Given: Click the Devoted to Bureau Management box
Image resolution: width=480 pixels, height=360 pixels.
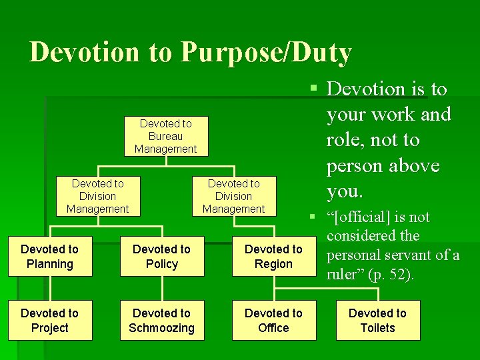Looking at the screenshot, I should [x=166, y=136].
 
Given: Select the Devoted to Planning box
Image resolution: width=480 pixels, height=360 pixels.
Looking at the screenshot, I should [x=50, y=257].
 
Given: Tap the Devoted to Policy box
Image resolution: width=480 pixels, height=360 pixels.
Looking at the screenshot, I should [x=162, y=257].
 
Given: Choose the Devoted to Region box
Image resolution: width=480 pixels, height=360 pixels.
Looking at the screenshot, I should [x=273, y=257].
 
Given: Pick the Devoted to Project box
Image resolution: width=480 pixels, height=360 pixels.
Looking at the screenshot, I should [x=50, y=321].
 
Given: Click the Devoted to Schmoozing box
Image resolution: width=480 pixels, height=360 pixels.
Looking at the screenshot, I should [x=162, y=321].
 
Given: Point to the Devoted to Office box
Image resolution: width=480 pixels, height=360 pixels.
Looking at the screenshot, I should [x=273, y=321].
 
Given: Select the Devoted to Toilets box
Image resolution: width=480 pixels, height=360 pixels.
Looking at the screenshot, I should [x=377, y=321].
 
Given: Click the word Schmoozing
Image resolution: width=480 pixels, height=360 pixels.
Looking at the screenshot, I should [x=162, y=328].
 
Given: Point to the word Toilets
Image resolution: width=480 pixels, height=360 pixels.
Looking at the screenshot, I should [x=377, y=328].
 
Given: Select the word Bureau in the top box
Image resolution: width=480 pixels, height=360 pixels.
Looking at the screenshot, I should [x=166, y=136].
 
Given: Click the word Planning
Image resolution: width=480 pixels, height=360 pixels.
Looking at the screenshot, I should [x=50, y=264].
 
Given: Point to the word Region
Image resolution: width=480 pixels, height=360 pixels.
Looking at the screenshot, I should [x=273, y=264].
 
